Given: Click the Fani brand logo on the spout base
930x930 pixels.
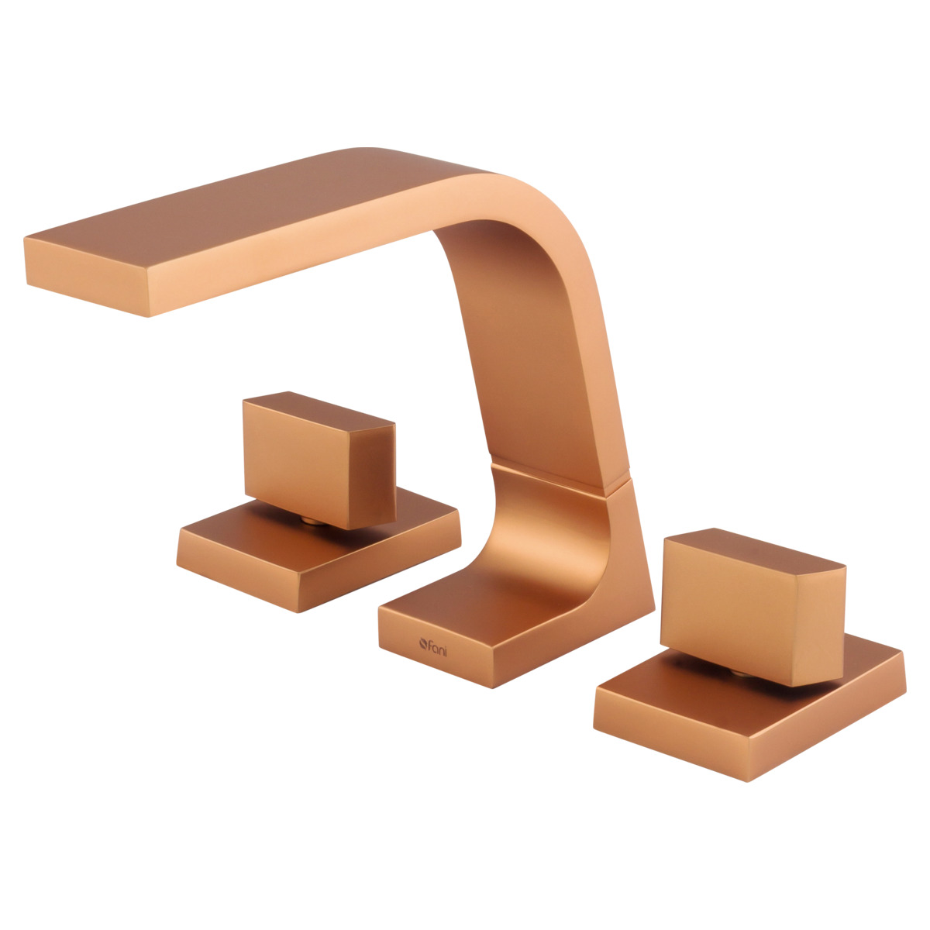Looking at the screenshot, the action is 433,646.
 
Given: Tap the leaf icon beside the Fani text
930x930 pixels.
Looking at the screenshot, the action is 423,643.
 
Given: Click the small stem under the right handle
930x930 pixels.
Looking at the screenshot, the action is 742,672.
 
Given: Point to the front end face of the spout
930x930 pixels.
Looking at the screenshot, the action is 86,276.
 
